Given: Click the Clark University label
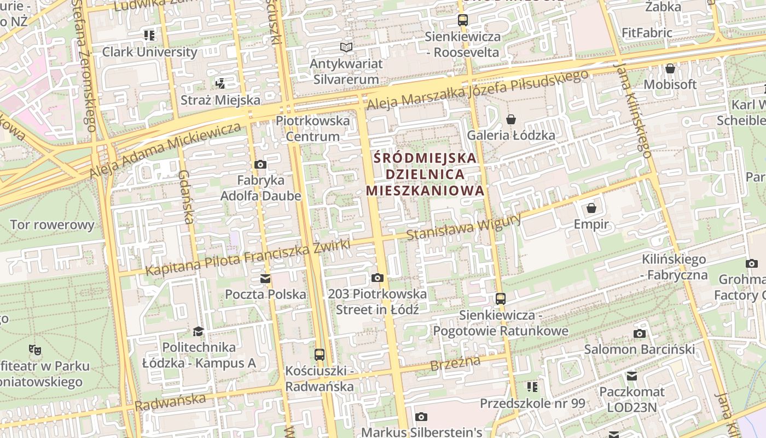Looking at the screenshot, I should [x=149, y=52].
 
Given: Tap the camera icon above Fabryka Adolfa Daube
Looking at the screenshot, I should [x=260, y=164].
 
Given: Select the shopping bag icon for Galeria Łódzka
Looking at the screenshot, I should [x=511, y=119].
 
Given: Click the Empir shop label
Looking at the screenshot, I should [x=591, y=224].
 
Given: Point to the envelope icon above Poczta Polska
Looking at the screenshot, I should [x=265, y=279].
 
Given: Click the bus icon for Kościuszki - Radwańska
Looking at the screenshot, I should [x=320, y=354].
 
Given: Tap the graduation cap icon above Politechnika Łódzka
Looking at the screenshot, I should [x=198, y=331].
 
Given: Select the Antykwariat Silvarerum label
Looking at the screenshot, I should [x=346, y=71].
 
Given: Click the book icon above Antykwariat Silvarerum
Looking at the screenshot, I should [x=346, y=48].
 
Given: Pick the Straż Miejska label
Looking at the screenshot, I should [x=220, y=100].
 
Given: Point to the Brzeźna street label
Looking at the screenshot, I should [x=455, y=363].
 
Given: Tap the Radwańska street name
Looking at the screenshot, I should [x=170, y=402].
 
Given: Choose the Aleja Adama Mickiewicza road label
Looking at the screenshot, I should [x=165, y=151].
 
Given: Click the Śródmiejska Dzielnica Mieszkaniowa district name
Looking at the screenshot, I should [x=425, y=174].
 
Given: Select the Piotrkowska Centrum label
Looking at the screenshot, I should [x=313, y=128].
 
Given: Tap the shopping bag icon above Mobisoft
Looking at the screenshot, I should [x=670, y=69].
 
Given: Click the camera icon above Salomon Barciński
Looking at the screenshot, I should [x=639, y=333].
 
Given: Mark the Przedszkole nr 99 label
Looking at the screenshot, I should [x=532, y=404].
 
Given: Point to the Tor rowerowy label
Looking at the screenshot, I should [x=52, y=224].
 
